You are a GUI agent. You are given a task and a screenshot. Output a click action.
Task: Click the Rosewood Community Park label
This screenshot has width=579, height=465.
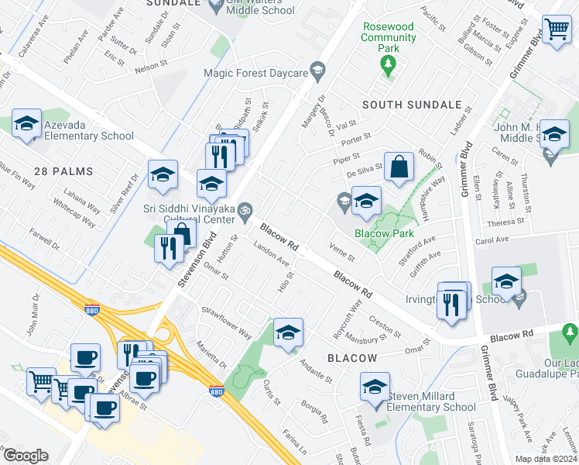click(389, 37)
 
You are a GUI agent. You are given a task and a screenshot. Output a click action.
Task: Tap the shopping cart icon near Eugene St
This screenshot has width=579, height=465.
click(557, 31)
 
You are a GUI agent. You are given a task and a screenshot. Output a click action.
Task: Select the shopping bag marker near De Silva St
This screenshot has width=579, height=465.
click(399, 167)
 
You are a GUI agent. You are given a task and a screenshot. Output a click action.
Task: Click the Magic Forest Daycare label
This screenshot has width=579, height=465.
click(255, 73)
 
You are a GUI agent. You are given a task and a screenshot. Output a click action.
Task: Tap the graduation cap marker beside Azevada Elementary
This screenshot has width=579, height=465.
click(27, 124)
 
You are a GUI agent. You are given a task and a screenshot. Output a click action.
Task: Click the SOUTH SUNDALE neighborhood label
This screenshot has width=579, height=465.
click(411, 104)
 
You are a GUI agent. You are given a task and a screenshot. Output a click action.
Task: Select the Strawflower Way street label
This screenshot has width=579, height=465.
click(227, 324)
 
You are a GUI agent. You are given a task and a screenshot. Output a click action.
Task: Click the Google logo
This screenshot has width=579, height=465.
click(25, 456)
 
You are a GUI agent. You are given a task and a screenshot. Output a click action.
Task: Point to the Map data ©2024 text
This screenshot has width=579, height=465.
click(546, 459)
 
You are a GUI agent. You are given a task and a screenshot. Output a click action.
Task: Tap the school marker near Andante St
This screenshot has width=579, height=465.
click(288, 332)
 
